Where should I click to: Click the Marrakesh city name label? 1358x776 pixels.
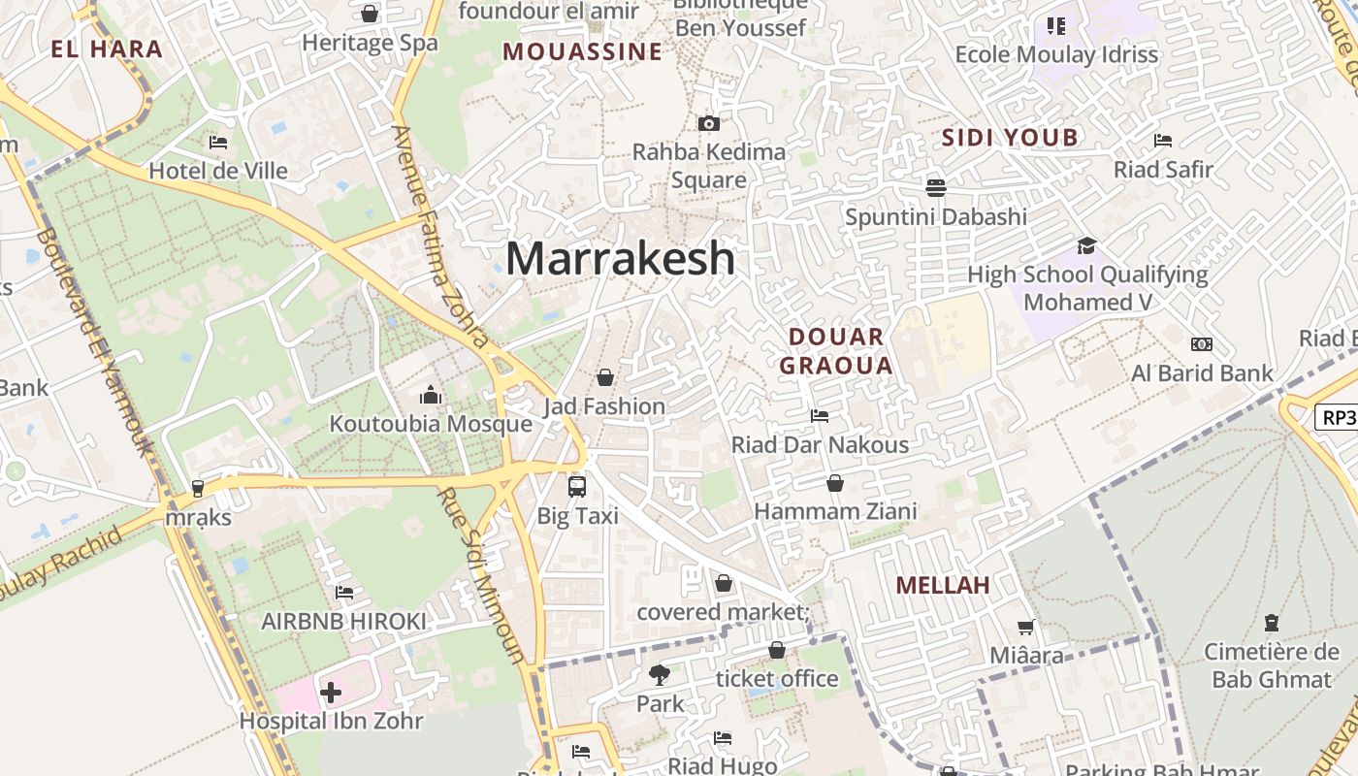pyautogui.click(x=620, y=259)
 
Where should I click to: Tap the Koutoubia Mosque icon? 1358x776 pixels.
pyautogui.click(x=431, y=395)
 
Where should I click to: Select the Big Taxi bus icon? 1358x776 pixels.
pyautogui.click(x=577, y=486)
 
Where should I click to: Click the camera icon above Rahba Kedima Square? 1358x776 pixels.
pyautogui.click(x=709, y=123)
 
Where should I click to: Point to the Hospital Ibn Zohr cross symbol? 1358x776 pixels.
pyautogui.click(x=331, y=693)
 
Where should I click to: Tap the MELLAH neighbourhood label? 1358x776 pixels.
pyautogui.click(x=943, y=585)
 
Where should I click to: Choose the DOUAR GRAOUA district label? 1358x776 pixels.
pyautogui.click(x=836, y=351)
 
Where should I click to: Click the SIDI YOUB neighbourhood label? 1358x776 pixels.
pyautogui.click(x=1010, y=138)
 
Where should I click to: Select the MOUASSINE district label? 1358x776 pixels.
pyautogui.click(x=582, y=52)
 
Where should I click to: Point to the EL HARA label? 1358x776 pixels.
pyautogui.click(x=107, y=49)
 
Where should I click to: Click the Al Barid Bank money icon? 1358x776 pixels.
pyautogui.click(x=1202, y=344)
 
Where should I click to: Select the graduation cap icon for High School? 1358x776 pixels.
pyautogui.click(x=1086, y=246)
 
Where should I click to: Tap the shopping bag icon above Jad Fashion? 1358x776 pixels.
pyautogui.click(x=605, y=377)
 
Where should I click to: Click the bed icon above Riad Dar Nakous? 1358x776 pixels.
pyautogui.click(x=820, y=416)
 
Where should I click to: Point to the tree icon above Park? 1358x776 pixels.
pyautogui.click(x=660, y=674)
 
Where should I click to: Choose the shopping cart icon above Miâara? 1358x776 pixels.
pyautogui.click(x=1026, y=628)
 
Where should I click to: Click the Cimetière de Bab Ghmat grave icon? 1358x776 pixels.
pyautogui.click(x=1271, y=623)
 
